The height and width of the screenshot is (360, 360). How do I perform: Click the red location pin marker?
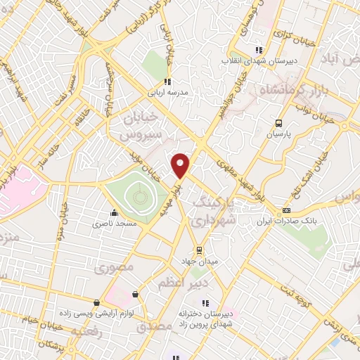[181, 166]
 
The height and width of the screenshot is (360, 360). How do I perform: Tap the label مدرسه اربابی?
[167, 91]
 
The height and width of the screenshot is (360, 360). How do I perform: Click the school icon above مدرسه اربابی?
[167, 81]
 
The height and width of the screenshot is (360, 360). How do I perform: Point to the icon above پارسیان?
[280, 120]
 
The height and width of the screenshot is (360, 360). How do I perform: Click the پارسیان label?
[280, 131]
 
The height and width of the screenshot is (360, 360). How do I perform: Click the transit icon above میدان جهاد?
[199, 250]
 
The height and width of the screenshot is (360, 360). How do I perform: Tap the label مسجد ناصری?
[112, 224]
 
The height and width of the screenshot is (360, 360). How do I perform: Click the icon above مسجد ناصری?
[113, 213]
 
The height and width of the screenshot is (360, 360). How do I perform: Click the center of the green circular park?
[137, 192]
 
